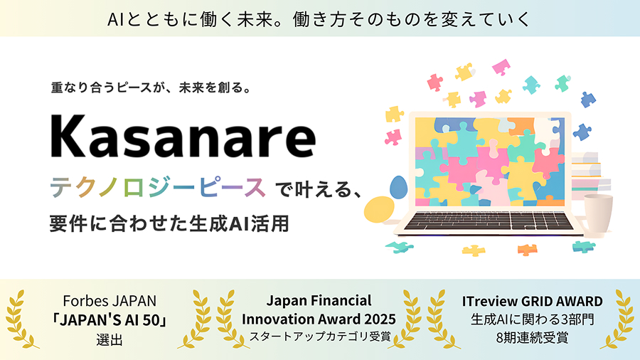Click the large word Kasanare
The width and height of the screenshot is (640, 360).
click(183, 137)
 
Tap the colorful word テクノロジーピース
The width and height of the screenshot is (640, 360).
click(158, 188)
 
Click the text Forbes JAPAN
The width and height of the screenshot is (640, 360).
click(110, 301)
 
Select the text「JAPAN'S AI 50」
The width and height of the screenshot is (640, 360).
click(110, 320)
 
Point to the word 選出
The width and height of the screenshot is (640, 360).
click(110, 339)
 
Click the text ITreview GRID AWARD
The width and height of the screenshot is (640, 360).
click(532, 301)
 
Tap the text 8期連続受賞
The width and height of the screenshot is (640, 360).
click(532, 337)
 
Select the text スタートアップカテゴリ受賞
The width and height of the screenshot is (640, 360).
click(320, 337)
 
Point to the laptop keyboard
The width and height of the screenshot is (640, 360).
click(489, 221)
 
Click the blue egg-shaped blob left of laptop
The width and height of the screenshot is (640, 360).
click(398, 187)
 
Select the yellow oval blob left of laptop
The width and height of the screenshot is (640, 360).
click(379, 210)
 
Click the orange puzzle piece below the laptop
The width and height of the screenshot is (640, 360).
click(527, 249)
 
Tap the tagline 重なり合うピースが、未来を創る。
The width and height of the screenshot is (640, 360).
click(151, 88)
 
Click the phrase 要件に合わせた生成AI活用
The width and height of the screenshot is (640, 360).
click(169, 223)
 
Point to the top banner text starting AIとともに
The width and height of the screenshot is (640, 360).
click(319, 19)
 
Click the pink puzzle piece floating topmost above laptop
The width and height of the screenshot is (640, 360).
click(501, 67)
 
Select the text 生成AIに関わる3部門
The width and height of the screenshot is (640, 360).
click(532, 319)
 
